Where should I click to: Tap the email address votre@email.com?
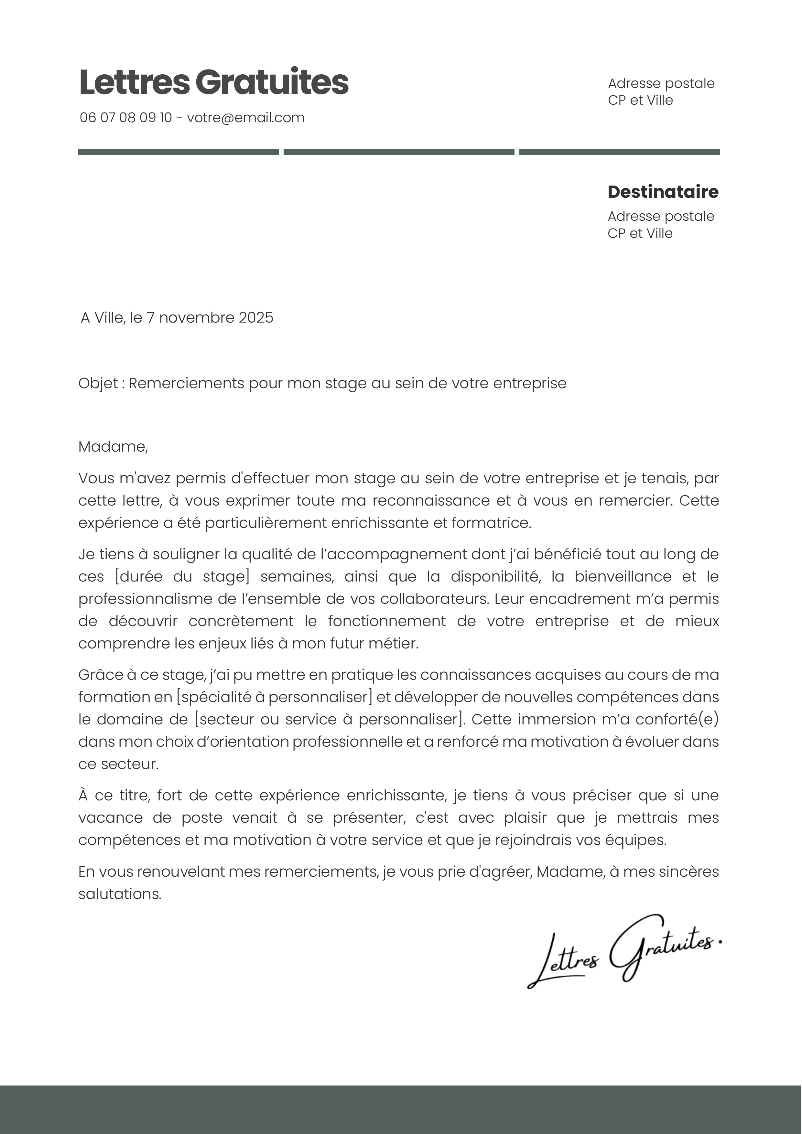point(245,118)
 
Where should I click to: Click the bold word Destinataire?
point(663,192)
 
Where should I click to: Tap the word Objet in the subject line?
point(98,383)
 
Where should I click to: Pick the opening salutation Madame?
point(113,446)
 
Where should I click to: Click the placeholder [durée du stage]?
point(182,576)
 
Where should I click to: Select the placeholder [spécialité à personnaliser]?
point(274,697)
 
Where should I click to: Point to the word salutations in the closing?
point(120,894)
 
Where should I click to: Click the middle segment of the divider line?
point(399,152)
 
